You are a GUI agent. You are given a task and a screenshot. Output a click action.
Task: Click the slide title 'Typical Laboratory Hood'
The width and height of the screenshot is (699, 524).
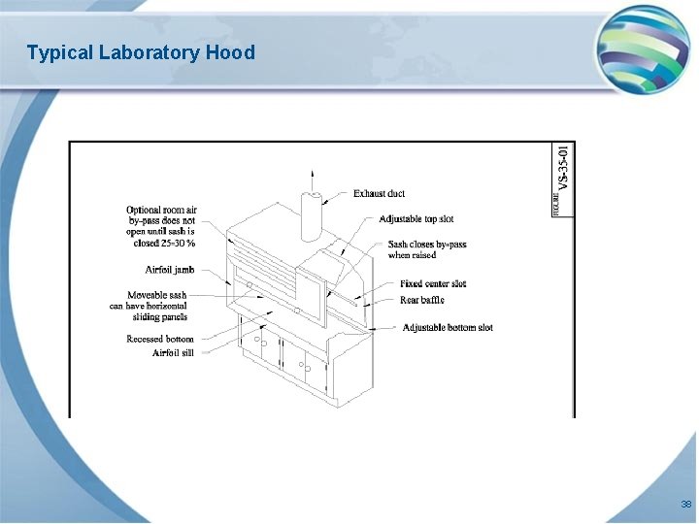point(141,52)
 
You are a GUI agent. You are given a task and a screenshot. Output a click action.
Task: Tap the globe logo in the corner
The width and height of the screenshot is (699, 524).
point(642,49)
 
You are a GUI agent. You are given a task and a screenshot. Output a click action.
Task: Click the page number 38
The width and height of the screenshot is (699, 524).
point(686,505)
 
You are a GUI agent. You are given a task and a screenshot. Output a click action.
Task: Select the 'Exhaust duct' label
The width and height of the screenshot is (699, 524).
point(379,194)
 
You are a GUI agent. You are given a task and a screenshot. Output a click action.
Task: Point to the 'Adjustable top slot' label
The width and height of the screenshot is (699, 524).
point(416,219)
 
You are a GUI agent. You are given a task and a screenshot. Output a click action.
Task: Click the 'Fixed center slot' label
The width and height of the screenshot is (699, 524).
point(433,284)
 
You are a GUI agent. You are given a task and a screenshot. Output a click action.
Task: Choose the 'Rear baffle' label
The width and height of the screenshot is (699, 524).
point(422,301)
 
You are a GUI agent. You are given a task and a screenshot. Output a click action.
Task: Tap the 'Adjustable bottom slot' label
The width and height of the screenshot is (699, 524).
point(448,328)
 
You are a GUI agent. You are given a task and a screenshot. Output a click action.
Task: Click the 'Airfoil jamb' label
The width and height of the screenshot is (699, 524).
point(170,270)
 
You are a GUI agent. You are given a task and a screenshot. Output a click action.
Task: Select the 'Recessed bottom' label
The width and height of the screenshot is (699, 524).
point(160,340)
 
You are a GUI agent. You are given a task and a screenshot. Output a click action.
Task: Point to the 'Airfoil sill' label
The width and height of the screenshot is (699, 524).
point(173,353)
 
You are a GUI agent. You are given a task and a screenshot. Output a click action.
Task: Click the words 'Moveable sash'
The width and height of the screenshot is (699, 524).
point(156,295)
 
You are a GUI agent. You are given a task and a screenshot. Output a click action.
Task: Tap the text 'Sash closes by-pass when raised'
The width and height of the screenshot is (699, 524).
point(427,249)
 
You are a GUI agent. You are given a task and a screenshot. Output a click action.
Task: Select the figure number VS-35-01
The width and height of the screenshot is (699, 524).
point(564,170)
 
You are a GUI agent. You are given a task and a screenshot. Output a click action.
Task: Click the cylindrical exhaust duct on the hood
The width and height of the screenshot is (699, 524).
point(312,215)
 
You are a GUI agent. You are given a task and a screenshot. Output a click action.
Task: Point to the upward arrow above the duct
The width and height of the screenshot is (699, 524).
point(312,178)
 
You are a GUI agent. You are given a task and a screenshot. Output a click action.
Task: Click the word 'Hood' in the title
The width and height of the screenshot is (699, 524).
point(230,52)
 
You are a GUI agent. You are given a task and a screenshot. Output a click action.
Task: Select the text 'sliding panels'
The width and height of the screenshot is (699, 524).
point(161,317)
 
